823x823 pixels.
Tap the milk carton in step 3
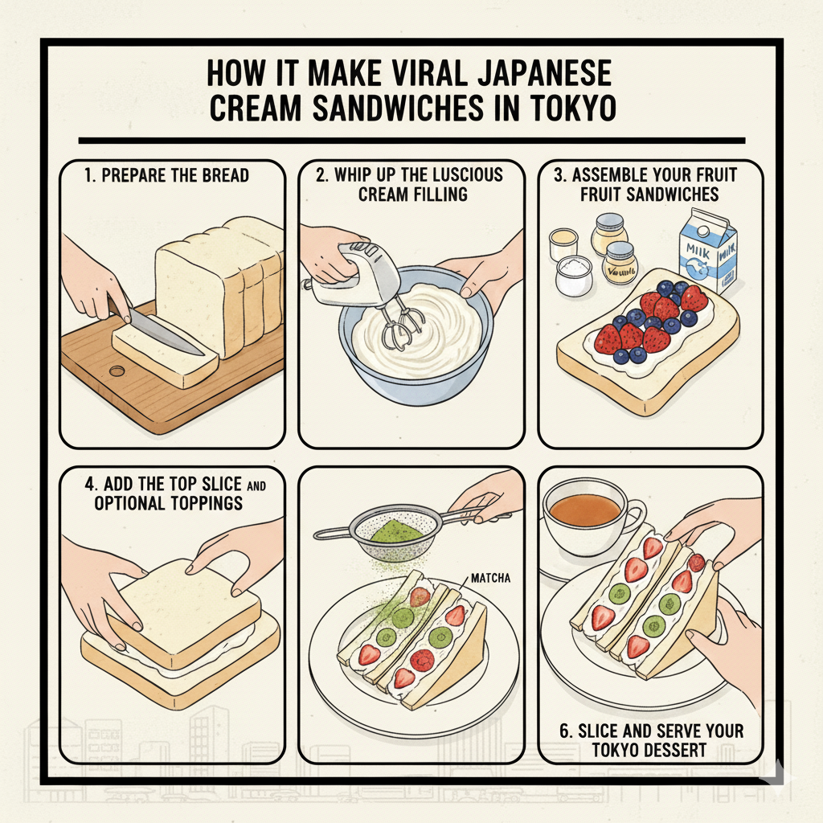(x=707, y=248)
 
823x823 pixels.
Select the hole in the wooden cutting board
(x=117, y=372)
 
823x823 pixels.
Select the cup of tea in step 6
(x=584, y=514)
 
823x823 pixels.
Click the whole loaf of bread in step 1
(x=221, y=281)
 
